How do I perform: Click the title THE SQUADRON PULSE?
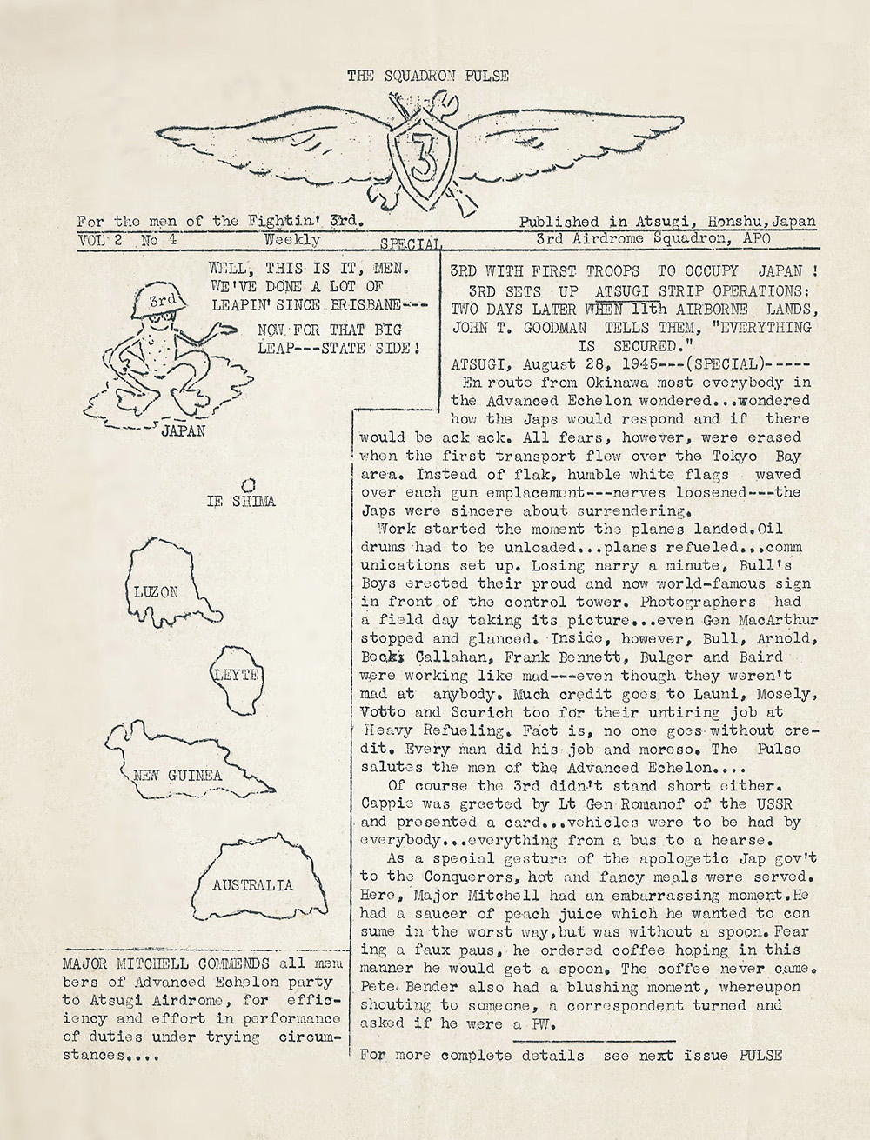(x=428, y=77)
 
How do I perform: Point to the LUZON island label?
(x=157, y=592)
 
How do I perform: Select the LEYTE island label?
(x=240, y=675)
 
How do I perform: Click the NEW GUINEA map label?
(x=178, y=775)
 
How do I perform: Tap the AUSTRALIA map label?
(x=252, y=885)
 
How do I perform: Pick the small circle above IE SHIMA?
(x=247, y=483)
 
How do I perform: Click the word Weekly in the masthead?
(x=293, y=239)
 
